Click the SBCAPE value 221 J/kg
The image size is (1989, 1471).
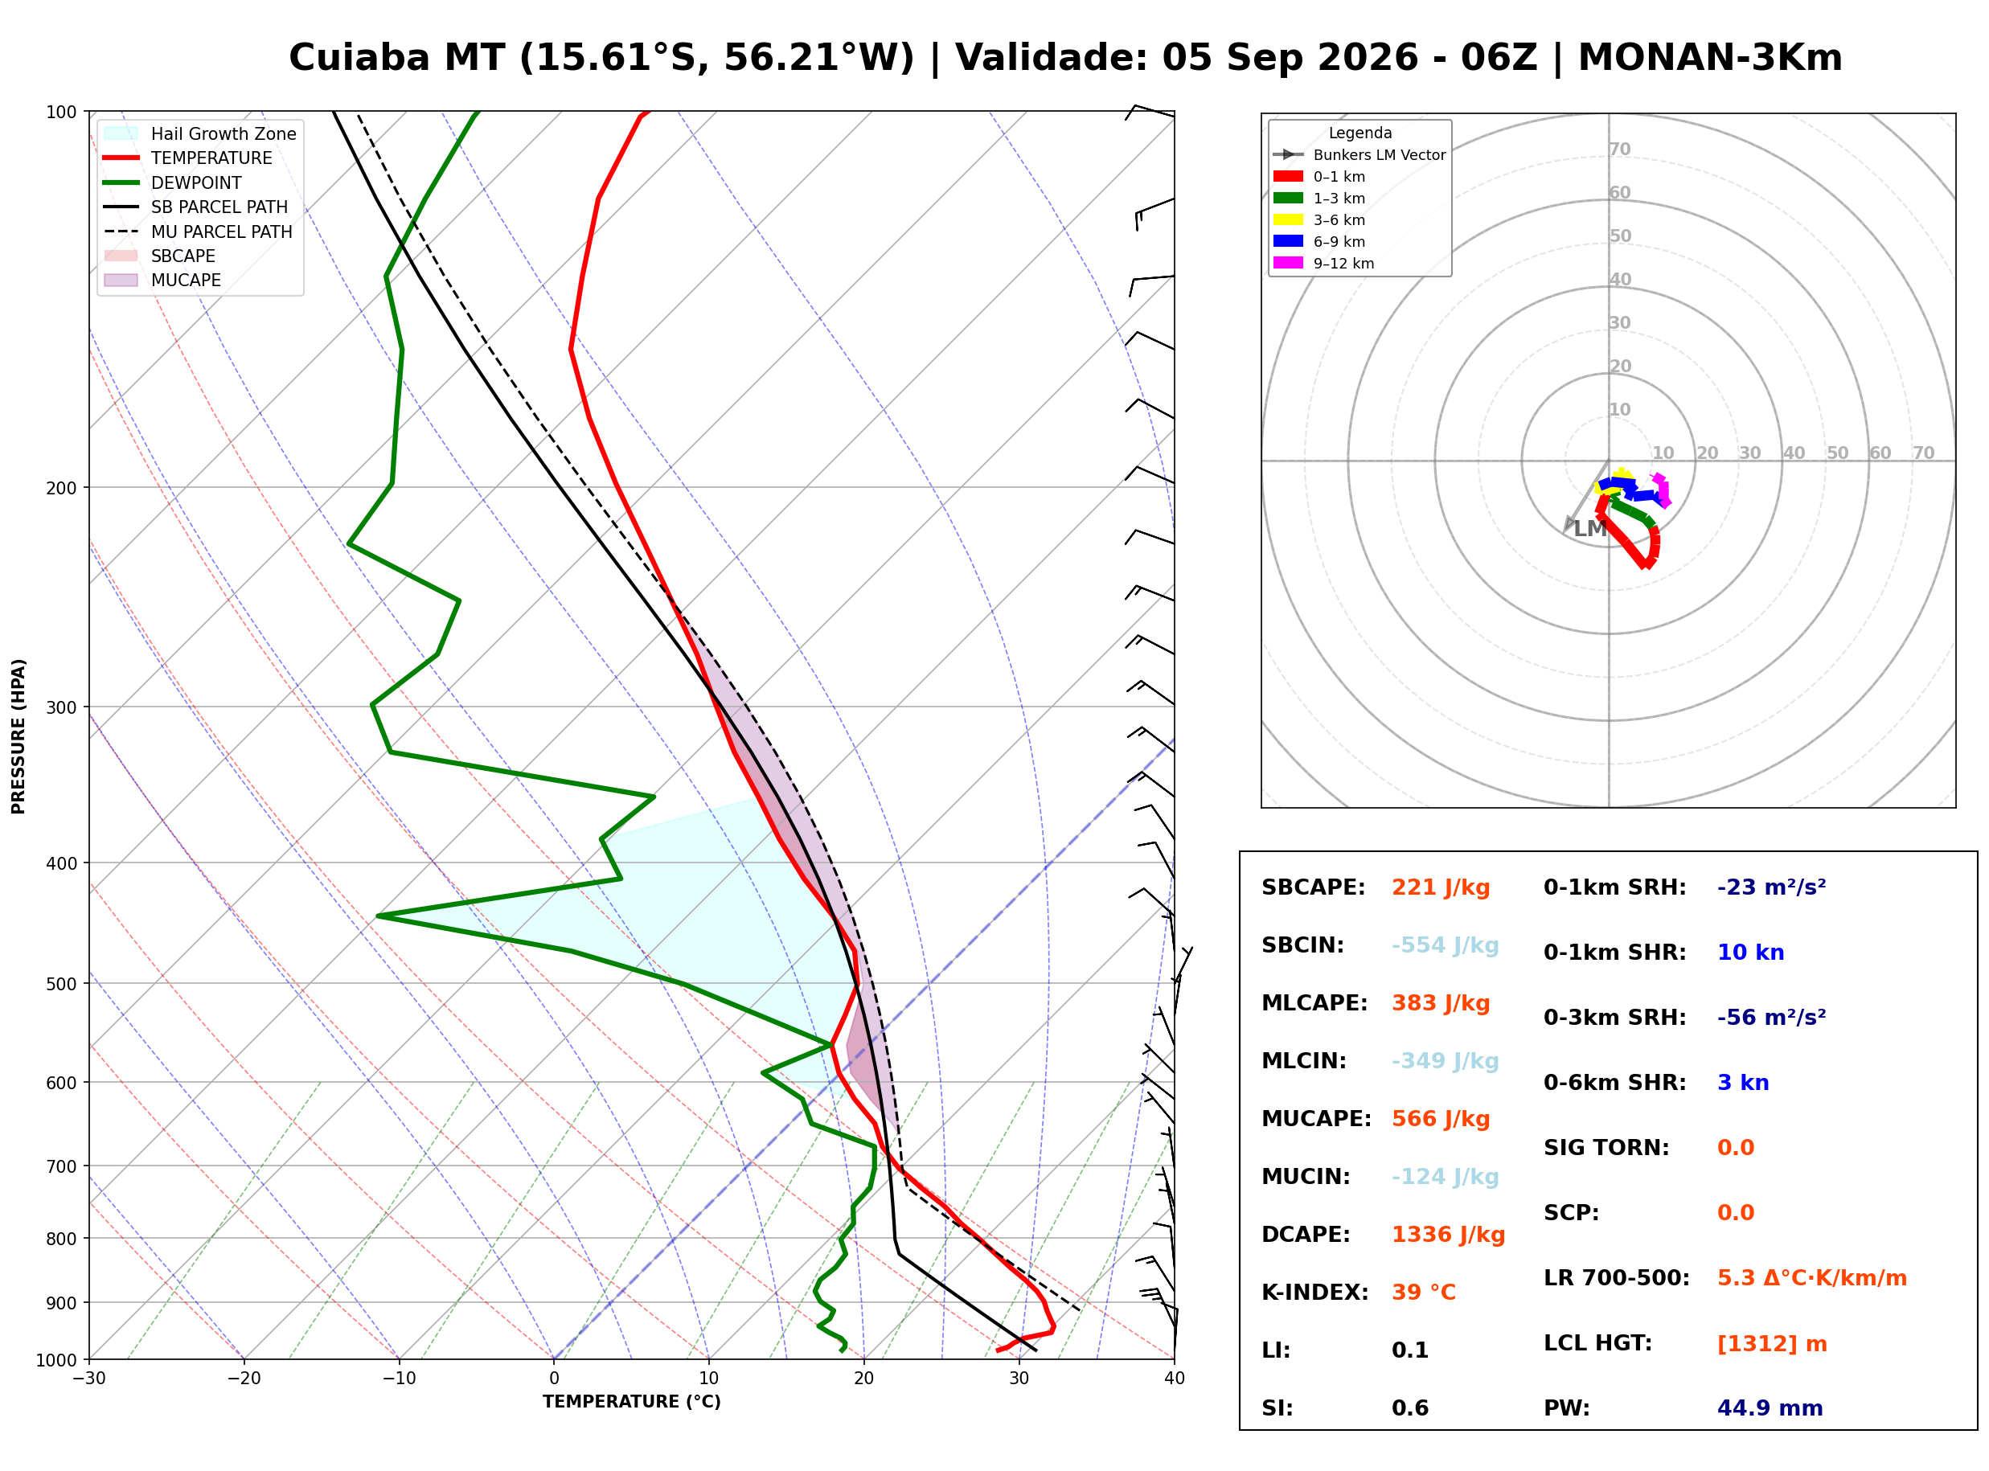pos(1441,887)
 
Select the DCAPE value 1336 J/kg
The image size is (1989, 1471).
pos(1448,1235)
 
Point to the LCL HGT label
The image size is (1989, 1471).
pos(1597,1344)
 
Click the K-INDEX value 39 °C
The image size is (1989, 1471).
pos(1424,1293)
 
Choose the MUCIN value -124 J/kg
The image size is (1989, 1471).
pos(1445,1177)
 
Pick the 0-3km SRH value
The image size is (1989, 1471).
pos(1771,1018)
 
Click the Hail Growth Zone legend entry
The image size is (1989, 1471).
pos(200,133)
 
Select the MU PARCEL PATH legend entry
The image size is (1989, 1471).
pos(199,232)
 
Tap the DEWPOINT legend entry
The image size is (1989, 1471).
pos(173,182)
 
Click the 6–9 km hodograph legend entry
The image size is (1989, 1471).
pos(1318,241)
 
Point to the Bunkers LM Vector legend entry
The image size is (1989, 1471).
pos(1359,155)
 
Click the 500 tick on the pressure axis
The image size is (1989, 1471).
pos(61,984)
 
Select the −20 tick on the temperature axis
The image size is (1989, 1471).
pos(244,1379)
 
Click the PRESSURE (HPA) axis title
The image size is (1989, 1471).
pos(18,736)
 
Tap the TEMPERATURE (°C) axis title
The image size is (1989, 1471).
pos(632,1403)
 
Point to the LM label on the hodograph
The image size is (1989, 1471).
pos(1590,529)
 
